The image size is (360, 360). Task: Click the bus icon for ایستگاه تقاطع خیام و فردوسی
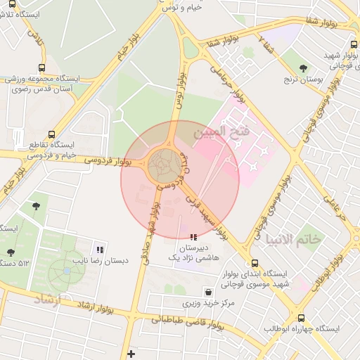[x=51, y=135]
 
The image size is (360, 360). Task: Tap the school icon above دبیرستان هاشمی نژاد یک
[x=194, y=238]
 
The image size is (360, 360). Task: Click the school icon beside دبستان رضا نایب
[x=100, y=249]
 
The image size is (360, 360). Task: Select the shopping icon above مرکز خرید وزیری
[x=208, y=292]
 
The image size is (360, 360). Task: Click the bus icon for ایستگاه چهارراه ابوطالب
[x=302, y=318]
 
